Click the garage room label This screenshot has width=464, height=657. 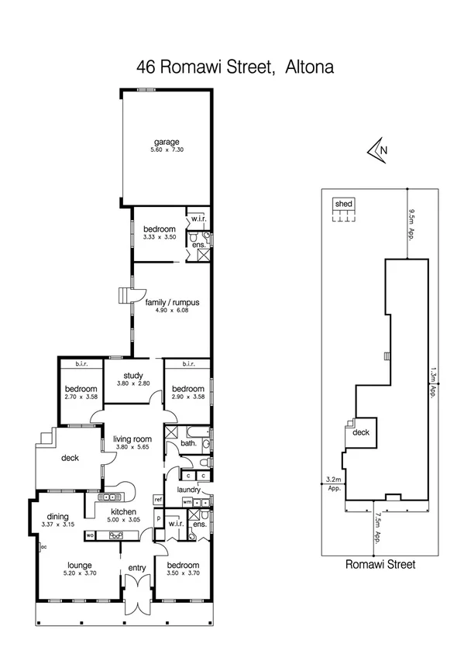166,142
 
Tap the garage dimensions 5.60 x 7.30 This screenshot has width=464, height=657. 166,150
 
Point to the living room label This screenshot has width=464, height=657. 132,439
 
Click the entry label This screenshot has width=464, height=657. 136,569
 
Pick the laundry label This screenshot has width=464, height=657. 189,490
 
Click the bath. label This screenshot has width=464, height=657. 187,444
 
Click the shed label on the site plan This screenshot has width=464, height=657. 343,204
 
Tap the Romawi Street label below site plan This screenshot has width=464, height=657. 380,565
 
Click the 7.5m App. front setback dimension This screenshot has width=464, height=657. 376,529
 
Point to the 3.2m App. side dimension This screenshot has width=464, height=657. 335,485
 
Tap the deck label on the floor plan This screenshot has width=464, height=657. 70,458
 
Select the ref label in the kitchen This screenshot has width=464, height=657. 157,500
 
